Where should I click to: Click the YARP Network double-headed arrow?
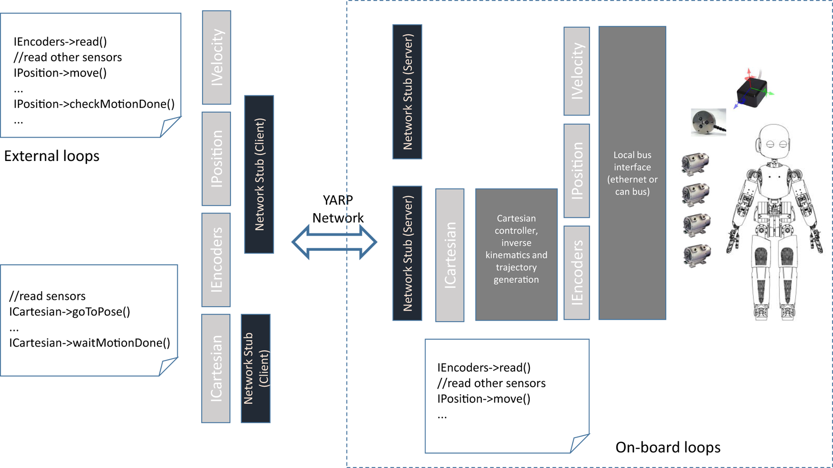pyautogui.click(x=334, y=242)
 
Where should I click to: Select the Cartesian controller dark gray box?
pyautogui.click(x=516, y=254)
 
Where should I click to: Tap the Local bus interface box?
pyautogui.click(x=632, y=173)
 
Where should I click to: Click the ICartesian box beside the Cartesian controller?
pyautogui.click(x=450, y=255)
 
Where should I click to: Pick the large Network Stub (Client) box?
pyautogui.click(x=259, y=174)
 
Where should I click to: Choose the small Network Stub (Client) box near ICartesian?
pyautogui.click(x=256, y=368)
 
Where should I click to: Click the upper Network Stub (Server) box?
pyautogui.click(x=407, y=92)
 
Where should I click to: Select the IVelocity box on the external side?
pyautogui.click(x=216, y=57)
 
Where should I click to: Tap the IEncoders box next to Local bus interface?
pyautogui.click(x=576, y=273)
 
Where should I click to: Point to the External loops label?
pyautogui.click(x=52, y=156)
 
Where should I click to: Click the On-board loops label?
pyautogui.click(x=668, y=447)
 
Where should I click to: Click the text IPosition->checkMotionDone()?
pyautogui.click(x=94, y=104)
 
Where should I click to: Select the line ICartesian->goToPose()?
pyautogui.click(x=70, y=312)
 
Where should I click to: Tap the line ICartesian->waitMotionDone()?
pyautogui.click(x=89, y=343)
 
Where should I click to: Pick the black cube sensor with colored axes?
pyautogui.click(x=752, y=92)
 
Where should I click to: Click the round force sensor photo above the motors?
pyautogui.click(x=707, y=122)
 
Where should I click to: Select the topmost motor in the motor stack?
pyautogui.click(x=695, y=163)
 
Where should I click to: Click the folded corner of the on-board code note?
pyautogui.click(x=579, y=443)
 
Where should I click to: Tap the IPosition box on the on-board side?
pyautogui.click(x=576, y=170)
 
